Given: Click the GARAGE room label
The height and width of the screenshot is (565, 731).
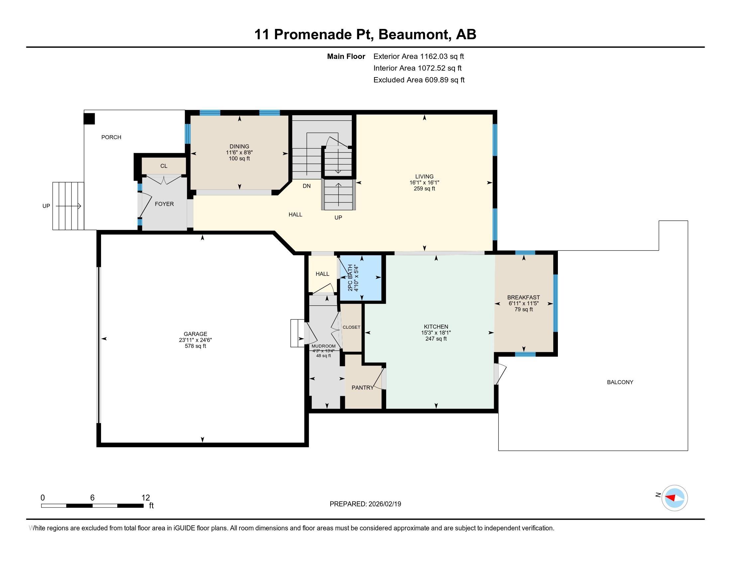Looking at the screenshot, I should (x=195, y=334).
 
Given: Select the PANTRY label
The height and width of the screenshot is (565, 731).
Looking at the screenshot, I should (x=362, y=388).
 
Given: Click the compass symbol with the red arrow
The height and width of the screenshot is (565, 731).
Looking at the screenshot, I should (x=674, y=498).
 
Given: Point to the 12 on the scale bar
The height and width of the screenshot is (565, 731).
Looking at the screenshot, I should (x=146, y=498).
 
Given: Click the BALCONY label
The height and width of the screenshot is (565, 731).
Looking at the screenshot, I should (x=620, y=382).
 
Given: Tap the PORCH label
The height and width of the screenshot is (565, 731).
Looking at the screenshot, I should (x=111, y=137).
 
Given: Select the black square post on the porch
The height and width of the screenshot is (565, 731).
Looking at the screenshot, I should (x=89, y=119).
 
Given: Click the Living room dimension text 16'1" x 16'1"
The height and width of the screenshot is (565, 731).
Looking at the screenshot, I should (x=424, y=183).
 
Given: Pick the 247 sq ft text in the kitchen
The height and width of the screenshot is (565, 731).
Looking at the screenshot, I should (x=436, y=339).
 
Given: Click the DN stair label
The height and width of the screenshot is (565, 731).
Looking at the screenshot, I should (x=307, y=186).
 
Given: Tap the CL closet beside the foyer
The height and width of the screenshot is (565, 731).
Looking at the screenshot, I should (x=164, y=166).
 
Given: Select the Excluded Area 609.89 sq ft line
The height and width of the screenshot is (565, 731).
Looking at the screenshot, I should (x=419, y=80).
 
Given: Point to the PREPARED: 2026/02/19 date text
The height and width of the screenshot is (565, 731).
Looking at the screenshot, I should (x=365, y=504).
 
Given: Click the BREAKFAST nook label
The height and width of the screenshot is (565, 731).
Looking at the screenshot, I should (x=523, y=297).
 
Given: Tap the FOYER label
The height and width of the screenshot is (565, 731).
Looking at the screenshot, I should (x=164, y=204).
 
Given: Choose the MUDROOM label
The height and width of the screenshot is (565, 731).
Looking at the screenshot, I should (x=323, y=346).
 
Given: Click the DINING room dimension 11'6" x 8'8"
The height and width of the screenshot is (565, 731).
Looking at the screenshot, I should (x=239, y=152).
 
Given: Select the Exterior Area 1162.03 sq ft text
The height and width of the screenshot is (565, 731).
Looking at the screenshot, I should (x=418, y=56).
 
